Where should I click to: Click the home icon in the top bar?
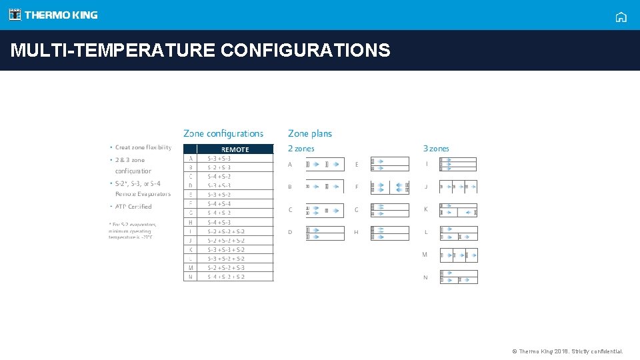point(621,17)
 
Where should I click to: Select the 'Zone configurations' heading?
point(223,134)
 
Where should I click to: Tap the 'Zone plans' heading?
point(310,134)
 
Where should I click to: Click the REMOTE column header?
point(235,149)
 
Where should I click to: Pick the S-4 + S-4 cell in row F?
point(219,203)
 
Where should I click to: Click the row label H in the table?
point(191,222)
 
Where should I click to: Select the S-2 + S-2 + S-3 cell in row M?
point(226,267)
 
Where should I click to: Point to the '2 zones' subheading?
point(301,149)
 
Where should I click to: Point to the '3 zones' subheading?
point(436,149)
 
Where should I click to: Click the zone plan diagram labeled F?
point(390,187)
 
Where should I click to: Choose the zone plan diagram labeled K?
point(458,210)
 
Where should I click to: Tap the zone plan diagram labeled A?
point(325,164)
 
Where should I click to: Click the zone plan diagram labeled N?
point(458,277)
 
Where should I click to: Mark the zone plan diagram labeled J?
point(458,187)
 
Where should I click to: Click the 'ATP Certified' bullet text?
point(133,207)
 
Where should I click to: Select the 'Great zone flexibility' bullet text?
point(143,147)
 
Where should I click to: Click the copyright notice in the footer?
point(567,351)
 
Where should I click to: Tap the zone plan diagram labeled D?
point(325,233)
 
